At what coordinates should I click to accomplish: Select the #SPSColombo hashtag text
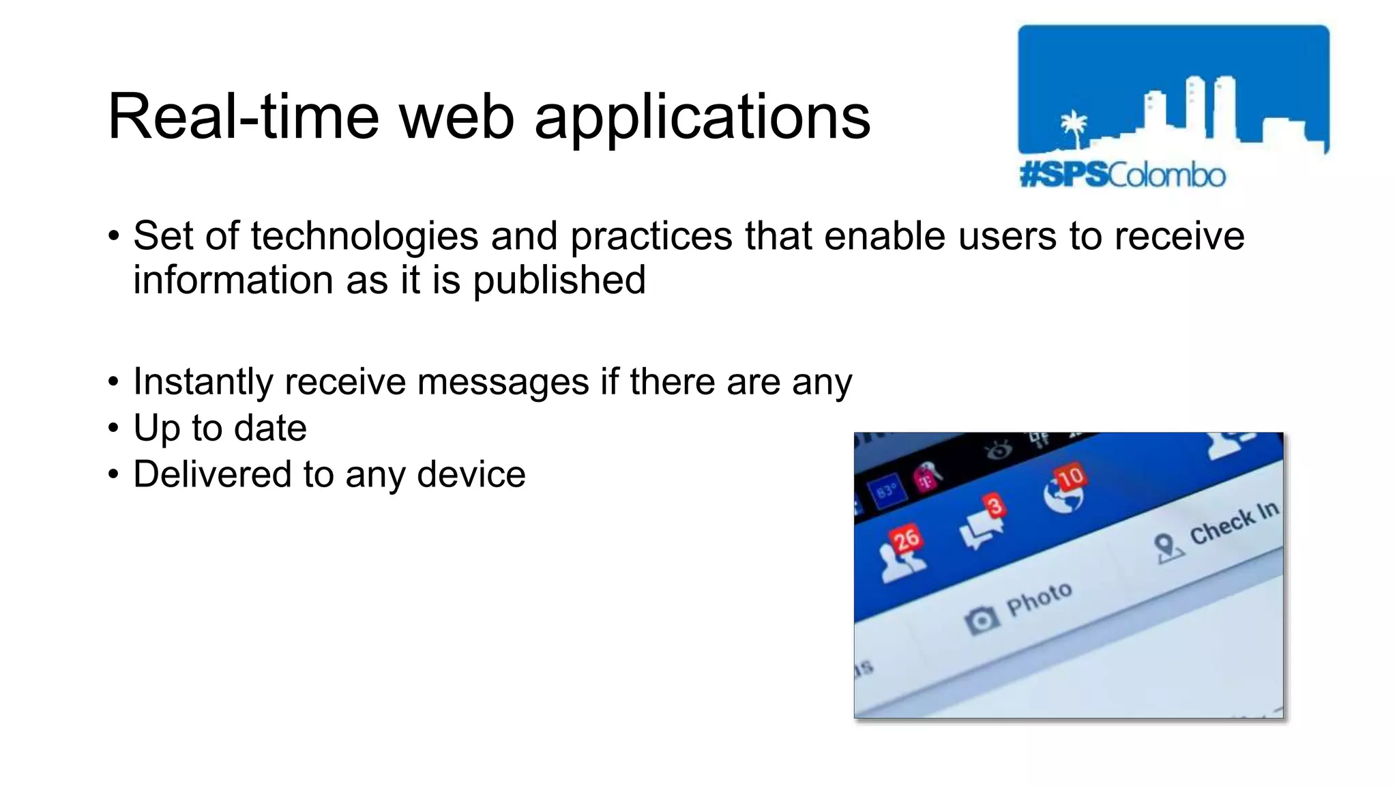pyautogui.click(x=1122, y=175)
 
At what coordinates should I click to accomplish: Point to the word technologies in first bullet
pyautogui.click(x=364, y=237)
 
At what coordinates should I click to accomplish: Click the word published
pyautogui.click(x=559, y=280)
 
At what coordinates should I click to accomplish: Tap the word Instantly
pyautogui.click(x=203, y=381)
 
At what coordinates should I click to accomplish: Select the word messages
pyautogui.click(x=503, y=381)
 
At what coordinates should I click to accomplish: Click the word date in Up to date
pyautogui.click(x=270, y=428)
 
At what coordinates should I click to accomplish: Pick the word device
pyautogui.click(x=471, y=474)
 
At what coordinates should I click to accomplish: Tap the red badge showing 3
pyautogui.click(x=995, y=506)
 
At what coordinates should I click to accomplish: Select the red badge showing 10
pyautogui.click(x=1070, y=476)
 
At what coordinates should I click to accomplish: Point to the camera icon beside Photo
pyautogui.click(x=981, y=620)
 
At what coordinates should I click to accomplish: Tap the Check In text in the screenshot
pyautogui.click(x=1233, y=523)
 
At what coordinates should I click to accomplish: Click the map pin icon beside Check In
pyautogui.click(x=1166, y=547)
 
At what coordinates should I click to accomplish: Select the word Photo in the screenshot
pyautogui.click(x=1039, y=599)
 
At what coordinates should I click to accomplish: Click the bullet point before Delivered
pyautogui.click(x=113, y=474)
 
